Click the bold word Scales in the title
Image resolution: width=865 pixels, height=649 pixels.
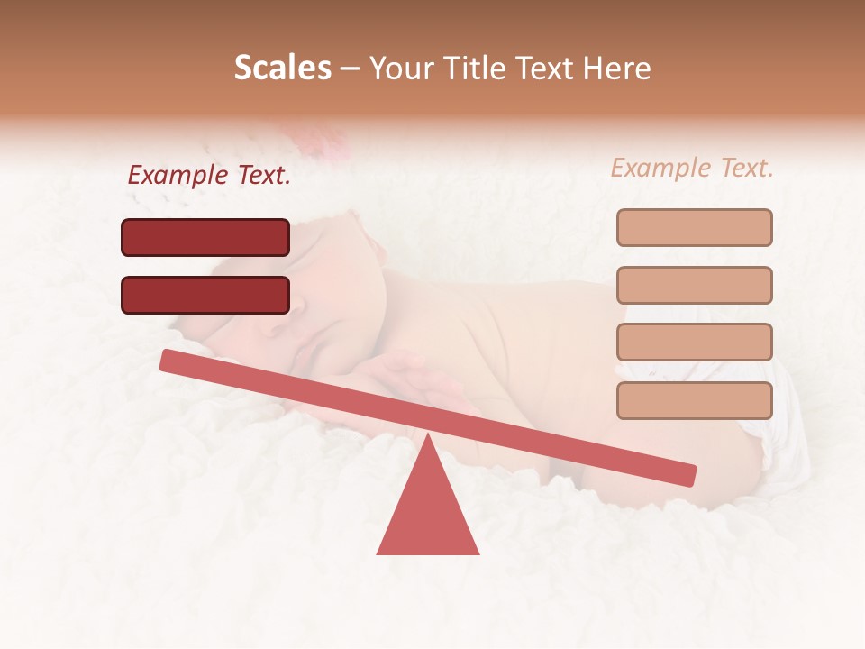tap(282, 69)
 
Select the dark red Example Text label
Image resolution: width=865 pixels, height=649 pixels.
tap(209, 176)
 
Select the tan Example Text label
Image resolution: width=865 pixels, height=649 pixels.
tap(692, 168)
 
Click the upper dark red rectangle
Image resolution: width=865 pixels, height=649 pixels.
tap(205, 237)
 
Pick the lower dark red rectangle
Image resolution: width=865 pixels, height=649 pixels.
tap(205, 295)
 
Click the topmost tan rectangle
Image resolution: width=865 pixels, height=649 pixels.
tap(694, 227)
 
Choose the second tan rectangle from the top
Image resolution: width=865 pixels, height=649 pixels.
tap(694, 285)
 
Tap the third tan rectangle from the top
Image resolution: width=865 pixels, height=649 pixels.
tap(694, 342)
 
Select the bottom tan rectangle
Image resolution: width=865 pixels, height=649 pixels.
tap(694, 400)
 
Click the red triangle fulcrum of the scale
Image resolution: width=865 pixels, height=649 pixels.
tap(428, 514)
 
